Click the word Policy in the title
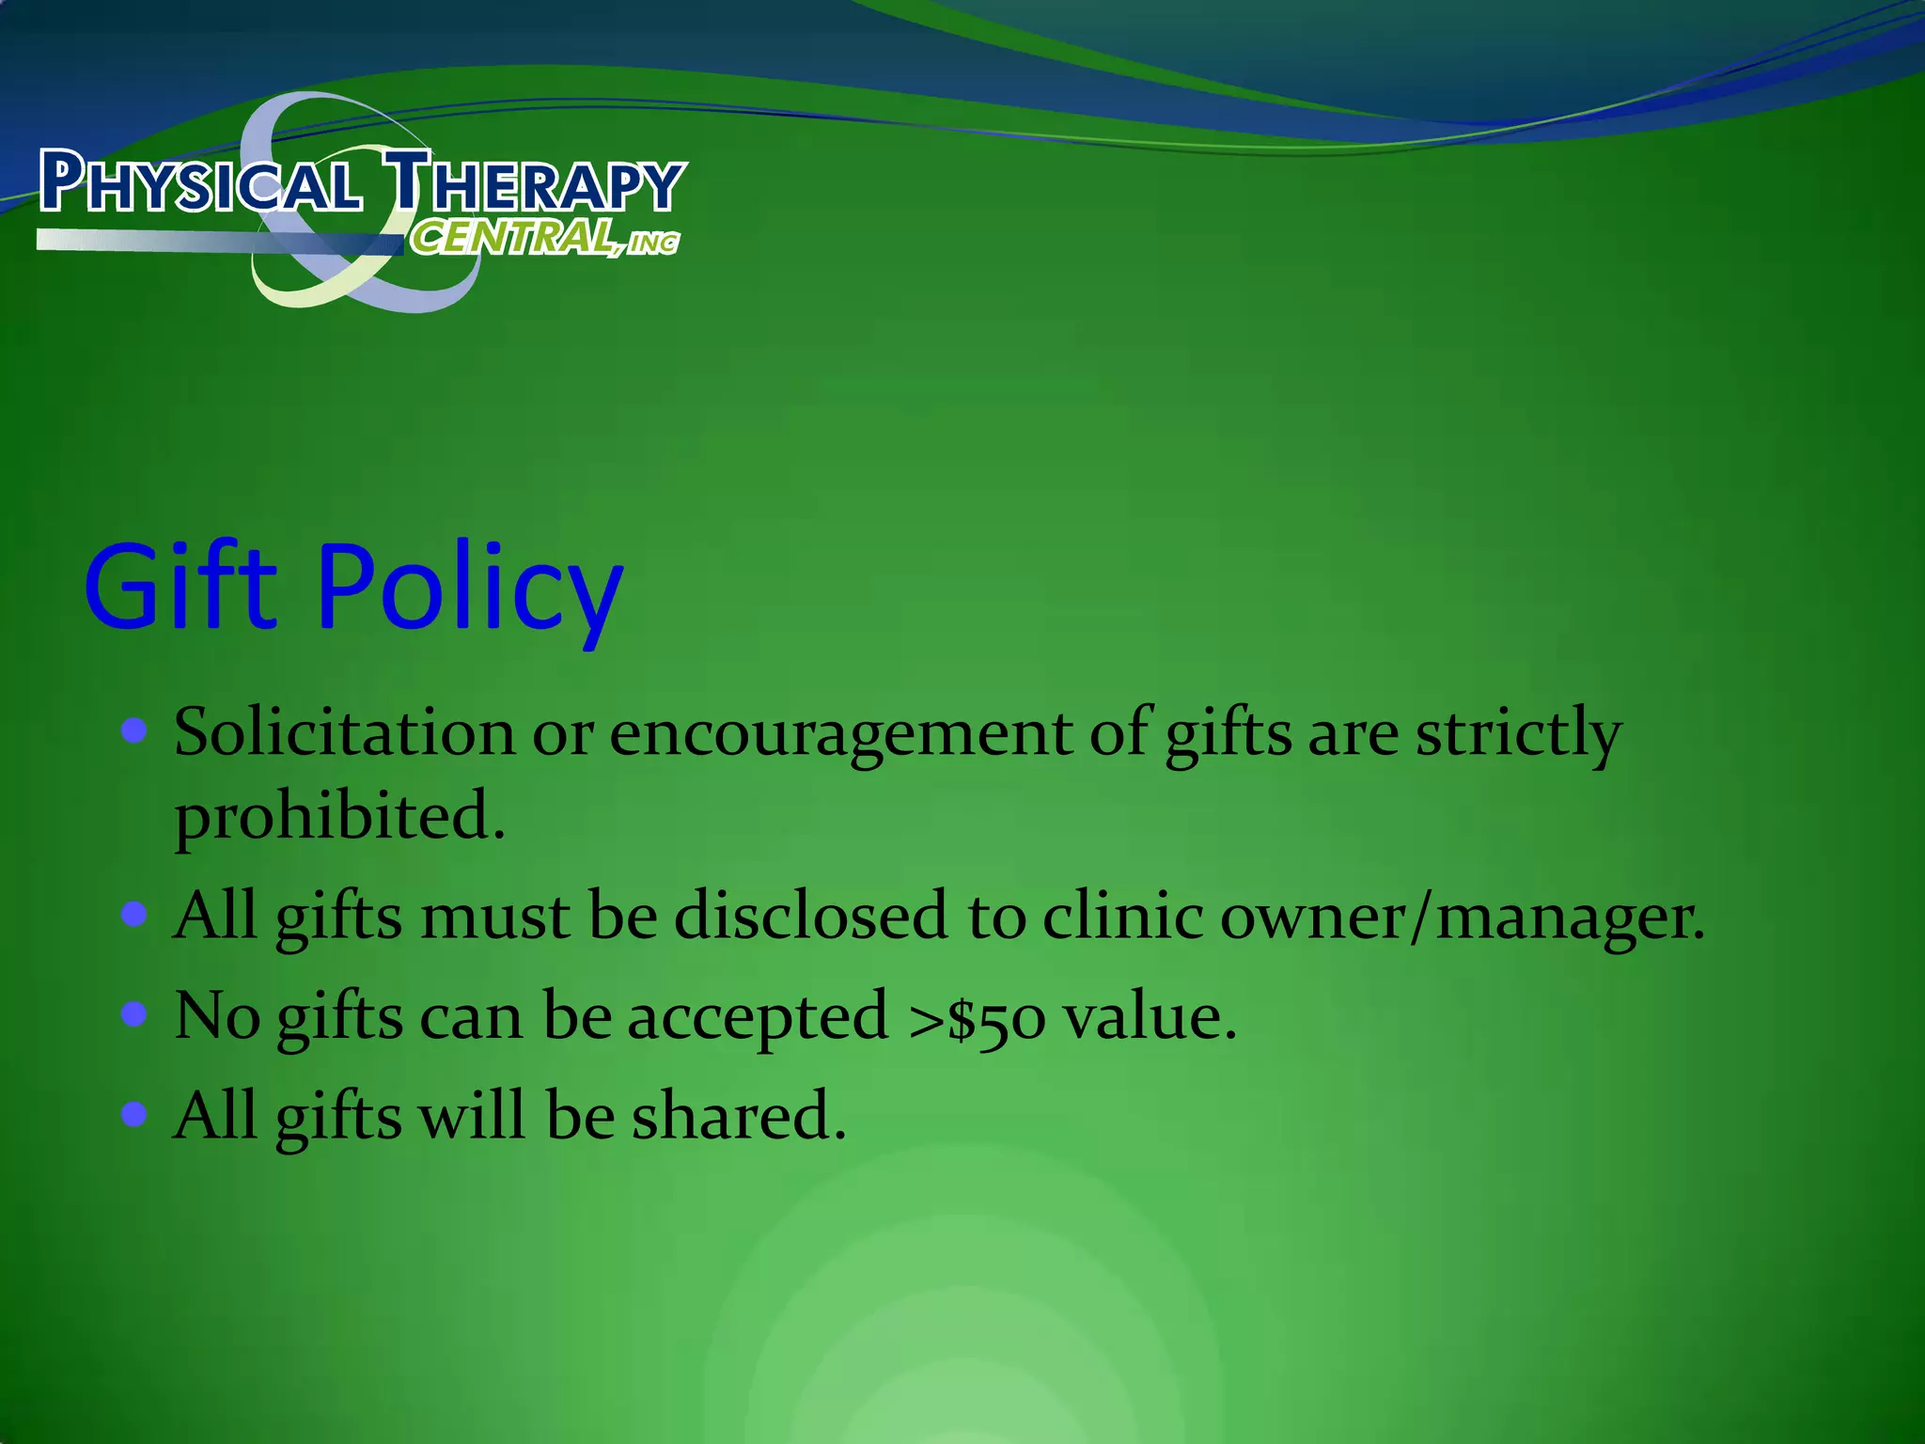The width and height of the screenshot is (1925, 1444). click(470, 590)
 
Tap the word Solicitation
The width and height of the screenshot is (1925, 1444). click(344, 732)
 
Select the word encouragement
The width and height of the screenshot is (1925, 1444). click(840, 734)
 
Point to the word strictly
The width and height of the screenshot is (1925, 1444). click(1519, 734)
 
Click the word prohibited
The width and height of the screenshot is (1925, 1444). click(338, 816)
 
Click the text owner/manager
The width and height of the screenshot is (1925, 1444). click(1462, 917)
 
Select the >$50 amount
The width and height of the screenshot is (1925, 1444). click(977, 1017)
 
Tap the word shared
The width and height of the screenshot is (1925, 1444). click(738, 1116)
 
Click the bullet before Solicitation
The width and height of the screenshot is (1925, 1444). click(135, 730)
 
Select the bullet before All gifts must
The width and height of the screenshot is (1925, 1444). click(135, 914)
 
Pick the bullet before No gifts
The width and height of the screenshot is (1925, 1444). click(135, 1014)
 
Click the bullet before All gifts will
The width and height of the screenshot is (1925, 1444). click(135, 1114)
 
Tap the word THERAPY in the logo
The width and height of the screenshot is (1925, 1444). click(536, 182)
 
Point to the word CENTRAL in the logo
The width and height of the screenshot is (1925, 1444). click(513, 237)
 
